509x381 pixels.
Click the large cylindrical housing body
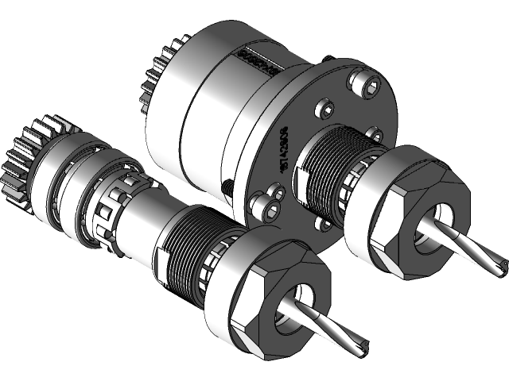click(207, 111)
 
